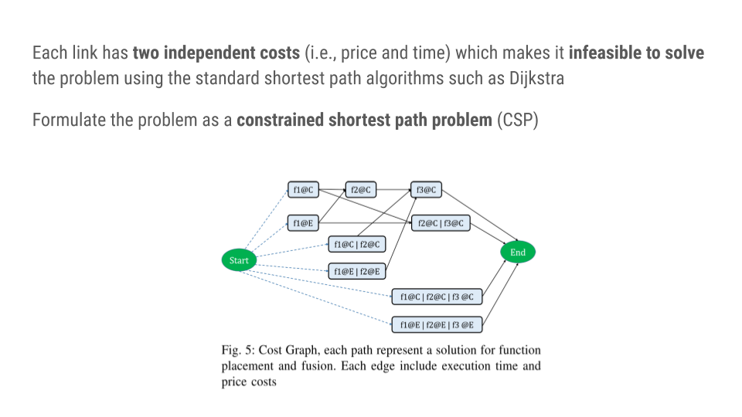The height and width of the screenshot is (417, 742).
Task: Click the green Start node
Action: pyautogui.click(x=239, y=260)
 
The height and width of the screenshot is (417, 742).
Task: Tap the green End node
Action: pyautogui.click(x=517, y=253)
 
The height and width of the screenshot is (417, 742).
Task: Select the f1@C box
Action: pyautogui.click(x=303, y=189)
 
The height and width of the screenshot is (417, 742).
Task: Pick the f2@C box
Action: pyautogui.click(x=361, y=189)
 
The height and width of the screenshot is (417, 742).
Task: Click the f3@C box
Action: pyautogui.click(x=426, y=189)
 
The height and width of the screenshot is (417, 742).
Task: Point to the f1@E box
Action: pyautogui.click(x=303, y=223)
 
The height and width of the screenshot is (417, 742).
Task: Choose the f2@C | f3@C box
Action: pyautogui.click(x=441, y=223)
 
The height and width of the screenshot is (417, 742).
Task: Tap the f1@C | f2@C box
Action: pyautogui.click(x=357, y=245)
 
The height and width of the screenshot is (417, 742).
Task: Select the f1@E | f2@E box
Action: pyautogui.click(x=357, y=271)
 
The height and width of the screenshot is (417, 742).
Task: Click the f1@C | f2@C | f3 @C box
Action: pyautogui.click(x=437, y=297)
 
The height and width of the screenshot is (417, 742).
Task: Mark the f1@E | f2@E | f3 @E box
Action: pyautogui.click(x=437, y=324)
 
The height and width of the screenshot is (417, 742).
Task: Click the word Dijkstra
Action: pyautogui.click(x=537, y=79)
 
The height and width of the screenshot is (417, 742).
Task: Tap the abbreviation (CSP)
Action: pyautogui.click(x=517, y=120)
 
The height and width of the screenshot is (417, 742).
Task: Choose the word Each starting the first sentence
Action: pyautogui.click(x=47, y=53)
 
